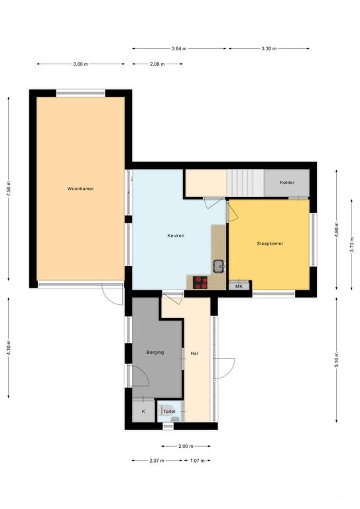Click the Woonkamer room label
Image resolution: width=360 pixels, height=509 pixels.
(80, 189)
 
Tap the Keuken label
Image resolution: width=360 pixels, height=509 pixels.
(176, 236)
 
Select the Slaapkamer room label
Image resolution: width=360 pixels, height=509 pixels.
(270, 243)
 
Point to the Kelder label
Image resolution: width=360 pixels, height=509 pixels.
(287, 182)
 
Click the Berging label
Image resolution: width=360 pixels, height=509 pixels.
(155, 352)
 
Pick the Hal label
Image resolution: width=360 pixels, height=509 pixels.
(194, 353)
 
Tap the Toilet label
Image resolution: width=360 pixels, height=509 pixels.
(170, 412)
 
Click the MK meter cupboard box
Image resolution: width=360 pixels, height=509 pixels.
(239, 286)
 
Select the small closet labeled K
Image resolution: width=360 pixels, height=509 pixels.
(143, 412)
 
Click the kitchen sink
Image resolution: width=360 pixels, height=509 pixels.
(219, 266)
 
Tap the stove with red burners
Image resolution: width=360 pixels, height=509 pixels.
(200, 282)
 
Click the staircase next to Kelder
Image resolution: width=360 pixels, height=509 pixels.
(245, 183)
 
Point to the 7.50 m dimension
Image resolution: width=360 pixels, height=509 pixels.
(9, 189)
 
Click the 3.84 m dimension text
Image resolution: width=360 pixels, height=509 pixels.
(179, 48)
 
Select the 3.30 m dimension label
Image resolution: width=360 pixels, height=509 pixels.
(269, 48)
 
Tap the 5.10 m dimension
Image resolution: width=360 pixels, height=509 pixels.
(337, 359)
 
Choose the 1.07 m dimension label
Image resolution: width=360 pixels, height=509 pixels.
(198, 461)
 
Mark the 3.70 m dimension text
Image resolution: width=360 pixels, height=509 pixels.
(352, 245)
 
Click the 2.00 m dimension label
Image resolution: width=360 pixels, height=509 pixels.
(186, 446)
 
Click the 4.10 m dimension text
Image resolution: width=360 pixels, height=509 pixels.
(9, 348)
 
